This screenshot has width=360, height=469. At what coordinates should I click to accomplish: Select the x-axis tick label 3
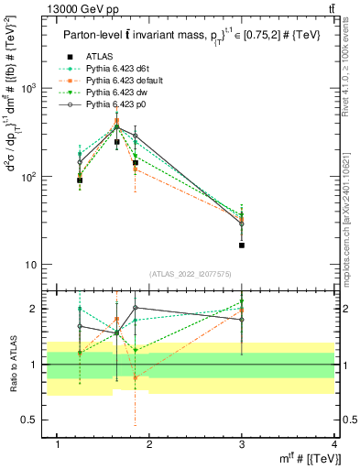tap(242, 444)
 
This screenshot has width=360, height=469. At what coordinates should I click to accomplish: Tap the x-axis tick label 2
tap(150, 444)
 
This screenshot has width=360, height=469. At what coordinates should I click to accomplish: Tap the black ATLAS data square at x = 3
tap(242, 245)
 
